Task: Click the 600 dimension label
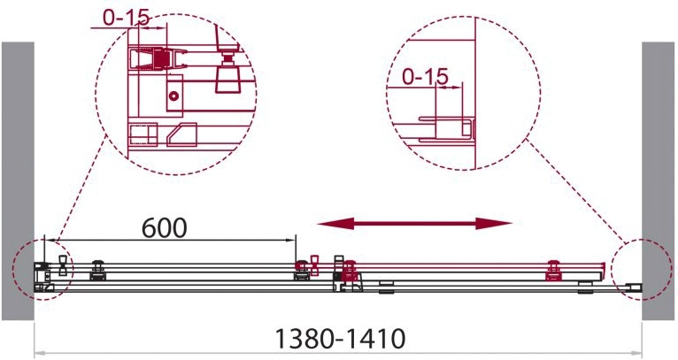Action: [x=165, y=227]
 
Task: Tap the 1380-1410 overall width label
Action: [x=341, y=339]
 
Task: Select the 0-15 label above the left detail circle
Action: [x=127, y=18]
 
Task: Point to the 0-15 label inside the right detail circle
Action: [x=425, y=77]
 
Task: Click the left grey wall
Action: [x=18, y=181]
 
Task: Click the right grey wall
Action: [x=659, y=181]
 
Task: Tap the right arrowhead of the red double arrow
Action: [x=494, y=224]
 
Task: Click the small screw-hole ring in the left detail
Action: [x=173, y=96]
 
